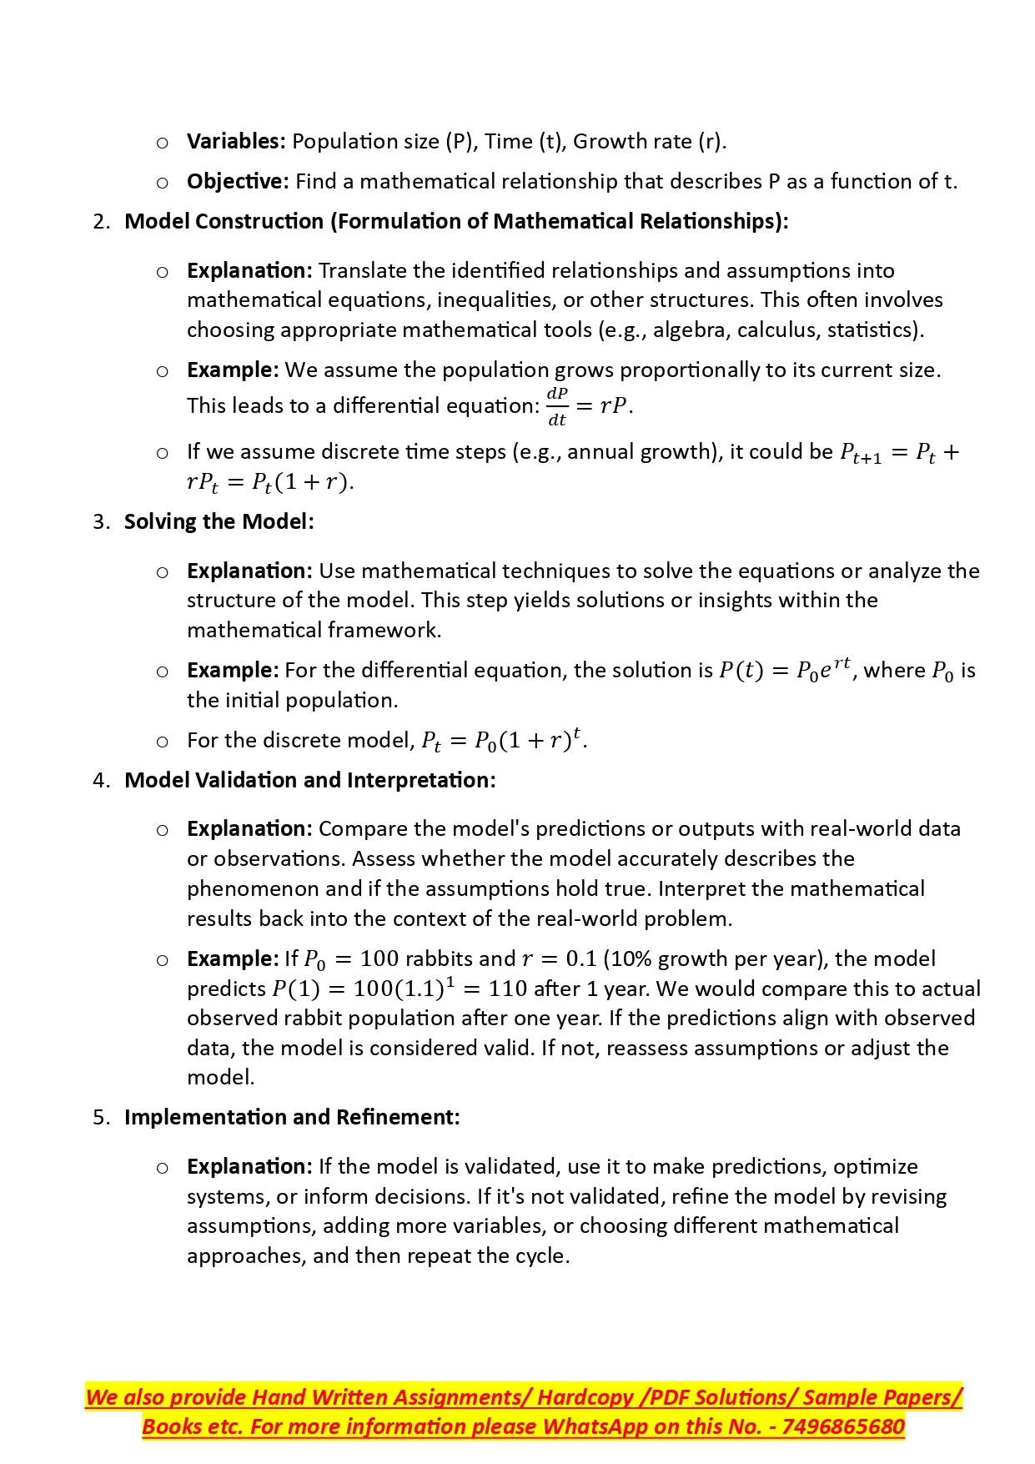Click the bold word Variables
tap(235, 142)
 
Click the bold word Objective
tap(237, 182)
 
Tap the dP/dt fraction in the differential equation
tap(557, 406)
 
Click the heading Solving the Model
tap(219, 522)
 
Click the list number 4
tap(100, 781)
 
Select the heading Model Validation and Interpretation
tap(309, 781)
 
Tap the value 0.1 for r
tap(581, 959)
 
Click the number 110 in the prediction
tap(507, 989)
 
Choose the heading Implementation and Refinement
tap(292, 1118)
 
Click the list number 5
tap(100, 1118)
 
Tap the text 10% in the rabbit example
tap(631, 959)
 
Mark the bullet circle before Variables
tap(163, 143)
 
